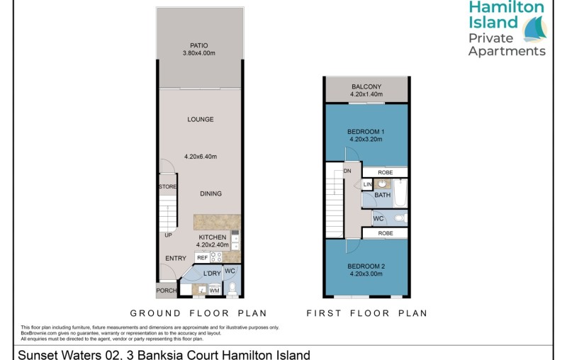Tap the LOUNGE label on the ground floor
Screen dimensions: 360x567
point(200,119)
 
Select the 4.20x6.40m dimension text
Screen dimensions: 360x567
point(200,157)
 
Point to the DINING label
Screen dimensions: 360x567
point(210,193)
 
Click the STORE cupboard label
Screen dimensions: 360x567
point(167,187)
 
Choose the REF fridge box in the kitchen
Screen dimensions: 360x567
point(202,258)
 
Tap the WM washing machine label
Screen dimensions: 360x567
point(214,290)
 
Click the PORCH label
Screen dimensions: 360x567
point(167,291)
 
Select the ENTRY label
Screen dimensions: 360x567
point(175,259)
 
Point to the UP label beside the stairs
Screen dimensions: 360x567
point(167,236)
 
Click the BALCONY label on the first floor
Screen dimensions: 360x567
point(366,86)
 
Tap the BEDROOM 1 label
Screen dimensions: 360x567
point(366,132)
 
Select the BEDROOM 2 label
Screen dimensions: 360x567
point(366,266)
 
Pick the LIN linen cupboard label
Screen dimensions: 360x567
point(367,185)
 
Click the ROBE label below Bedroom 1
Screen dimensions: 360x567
point(386,171)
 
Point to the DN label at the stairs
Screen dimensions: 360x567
point(347,171)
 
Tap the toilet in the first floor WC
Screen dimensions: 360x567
point(398,218)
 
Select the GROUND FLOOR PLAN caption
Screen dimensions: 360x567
point(198,312)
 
